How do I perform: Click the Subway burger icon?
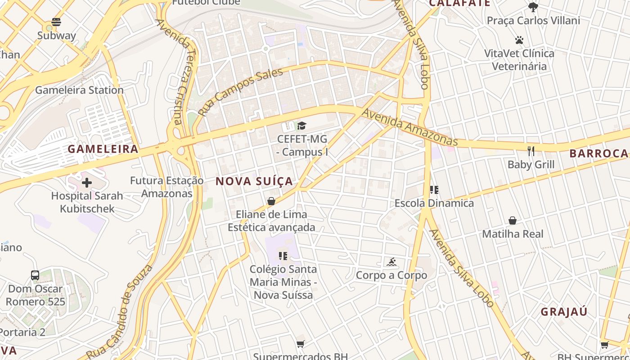pos(56,22)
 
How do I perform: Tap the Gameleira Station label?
pos(79,90)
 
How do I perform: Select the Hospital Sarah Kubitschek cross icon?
pos(87,183)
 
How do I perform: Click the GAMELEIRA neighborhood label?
pos(103,149)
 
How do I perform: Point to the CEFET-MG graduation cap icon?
pos(301,126)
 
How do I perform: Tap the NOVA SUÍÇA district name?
pos(254,181)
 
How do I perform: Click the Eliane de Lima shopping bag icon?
pos(271,201)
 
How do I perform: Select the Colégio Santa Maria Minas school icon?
pos(283,256)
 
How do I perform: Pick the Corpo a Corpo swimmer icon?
pos(391,262)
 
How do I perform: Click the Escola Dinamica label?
pos(434,203)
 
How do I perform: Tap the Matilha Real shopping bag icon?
pos(513,220)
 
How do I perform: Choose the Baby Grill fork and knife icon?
pos(531,151)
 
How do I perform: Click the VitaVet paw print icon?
pos(519,40)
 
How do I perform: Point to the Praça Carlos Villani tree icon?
pos(533,7)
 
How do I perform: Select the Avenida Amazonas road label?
pos(409,127)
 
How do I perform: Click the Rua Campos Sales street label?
pos(241,91)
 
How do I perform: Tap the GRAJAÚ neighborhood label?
pos(564,312)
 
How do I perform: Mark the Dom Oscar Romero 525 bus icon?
pos(35,275)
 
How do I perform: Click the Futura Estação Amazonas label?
pos(167,187)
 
